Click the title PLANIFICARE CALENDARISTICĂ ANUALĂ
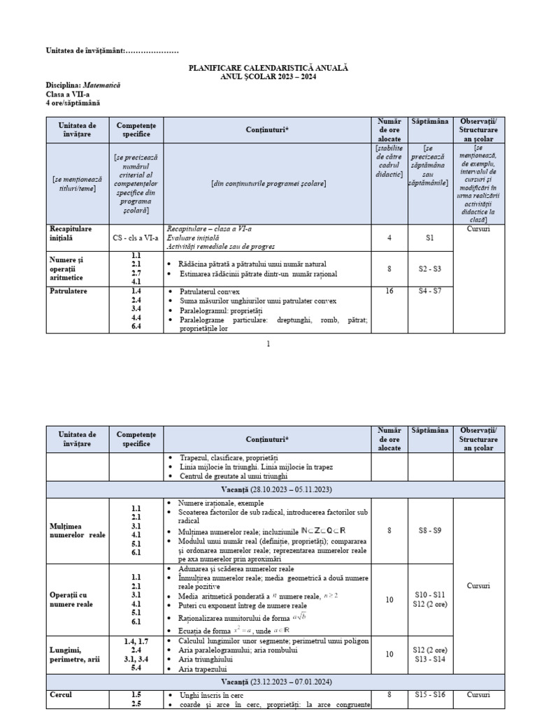coord(268,68)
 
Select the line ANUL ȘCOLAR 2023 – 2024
coord(268,76)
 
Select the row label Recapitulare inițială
coord(70,233)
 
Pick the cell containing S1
coord(430,238)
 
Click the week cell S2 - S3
coord(430,268)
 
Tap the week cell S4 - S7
coord(430,290)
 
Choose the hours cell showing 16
coord(389,290)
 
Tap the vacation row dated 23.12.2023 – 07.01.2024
coord(268,680)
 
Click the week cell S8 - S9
coord(430,530)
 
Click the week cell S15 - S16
coord(430,695)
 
